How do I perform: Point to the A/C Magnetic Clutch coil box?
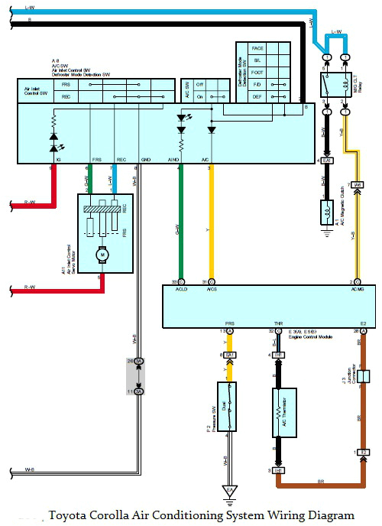click(x=326, y=212)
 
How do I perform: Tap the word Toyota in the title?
click(x=68, y=515)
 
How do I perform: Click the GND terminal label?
click(x=145, y=160)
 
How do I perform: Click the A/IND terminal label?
click(x=174, y=160)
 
